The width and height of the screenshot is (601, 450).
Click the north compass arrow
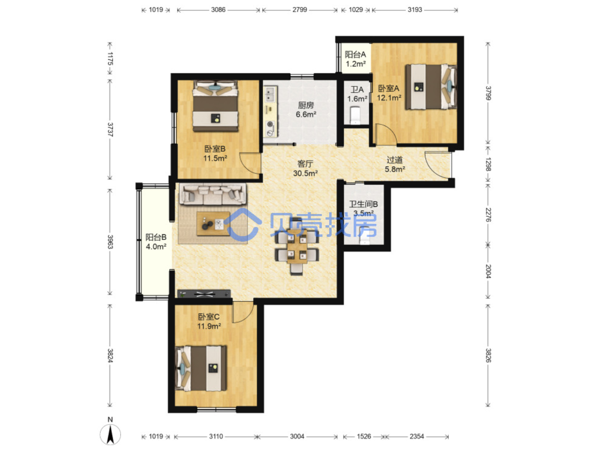coord(110,434)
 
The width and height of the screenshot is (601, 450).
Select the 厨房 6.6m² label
coord(306,109)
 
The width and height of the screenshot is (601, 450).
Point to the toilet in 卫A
coord(355,115)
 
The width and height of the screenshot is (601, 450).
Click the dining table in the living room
coord(297,246)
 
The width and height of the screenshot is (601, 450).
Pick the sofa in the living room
coord(212,194)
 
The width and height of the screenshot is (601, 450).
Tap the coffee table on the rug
coord(213,224)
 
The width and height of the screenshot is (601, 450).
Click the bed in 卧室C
coord(201,368)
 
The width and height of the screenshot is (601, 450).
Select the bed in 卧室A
coord(431,87)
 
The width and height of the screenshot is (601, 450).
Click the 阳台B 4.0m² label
coord(156,242)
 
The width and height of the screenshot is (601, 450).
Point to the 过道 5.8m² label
coord(395,164)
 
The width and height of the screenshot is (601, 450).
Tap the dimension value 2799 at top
coord(299,10)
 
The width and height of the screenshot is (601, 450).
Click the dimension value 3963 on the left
coord(110,242)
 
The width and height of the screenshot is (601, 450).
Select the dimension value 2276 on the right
coord(488,215)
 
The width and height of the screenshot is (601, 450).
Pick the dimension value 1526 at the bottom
coord(364,436)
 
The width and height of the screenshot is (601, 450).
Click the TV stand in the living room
coord(204,294)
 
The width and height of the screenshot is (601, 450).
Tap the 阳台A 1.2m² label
coord(355,59)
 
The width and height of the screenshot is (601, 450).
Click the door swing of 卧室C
coord(243,312)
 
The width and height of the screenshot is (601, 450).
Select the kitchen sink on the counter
coord(270,94)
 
